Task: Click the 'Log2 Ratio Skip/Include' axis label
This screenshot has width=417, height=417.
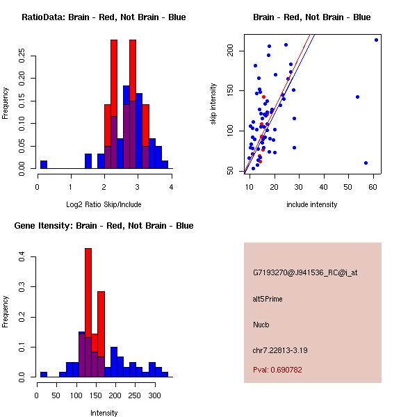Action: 104,204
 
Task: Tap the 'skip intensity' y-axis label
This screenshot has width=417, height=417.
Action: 213,104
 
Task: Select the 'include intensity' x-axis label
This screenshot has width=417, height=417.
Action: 311,204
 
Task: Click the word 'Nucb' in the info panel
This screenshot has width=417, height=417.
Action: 261,325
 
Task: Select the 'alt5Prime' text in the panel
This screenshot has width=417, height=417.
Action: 268,299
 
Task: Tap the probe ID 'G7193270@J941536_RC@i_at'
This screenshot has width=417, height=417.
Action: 305,273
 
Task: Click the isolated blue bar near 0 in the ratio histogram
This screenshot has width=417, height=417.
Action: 44,165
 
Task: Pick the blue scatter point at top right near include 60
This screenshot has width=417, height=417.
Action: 376,40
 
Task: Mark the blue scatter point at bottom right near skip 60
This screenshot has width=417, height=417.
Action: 366,163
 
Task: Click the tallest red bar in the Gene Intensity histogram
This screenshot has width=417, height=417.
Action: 88,312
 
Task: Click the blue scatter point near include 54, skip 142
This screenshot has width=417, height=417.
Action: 357,97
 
